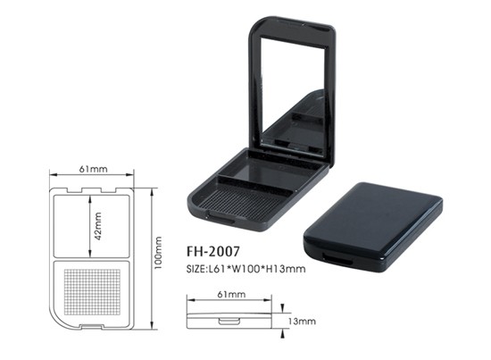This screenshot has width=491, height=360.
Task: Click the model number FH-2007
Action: coord(213,251)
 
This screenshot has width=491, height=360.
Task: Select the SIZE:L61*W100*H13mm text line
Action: coord(245,269)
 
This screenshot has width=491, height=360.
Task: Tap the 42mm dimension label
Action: coord(98,226)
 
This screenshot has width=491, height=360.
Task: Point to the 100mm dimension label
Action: coord(158,253)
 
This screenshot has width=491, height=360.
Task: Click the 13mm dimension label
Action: coord(302,322)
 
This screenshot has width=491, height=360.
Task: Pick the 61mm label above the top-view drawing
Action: coord(93,169)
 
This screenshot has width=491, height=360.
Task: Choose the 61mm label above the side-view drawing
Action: coord(231,294)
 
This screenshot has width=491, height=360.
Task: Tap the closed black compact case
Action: coord(373,228)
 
